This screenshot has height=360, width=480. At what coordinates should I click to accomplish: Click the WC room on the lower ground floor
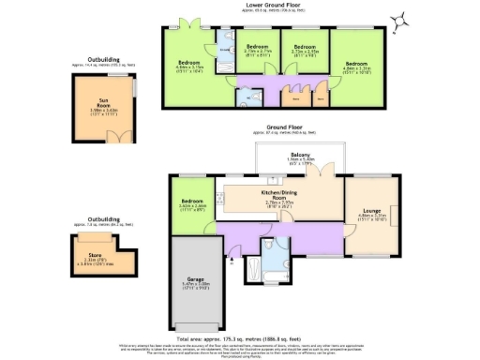[x=243, y=96]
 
